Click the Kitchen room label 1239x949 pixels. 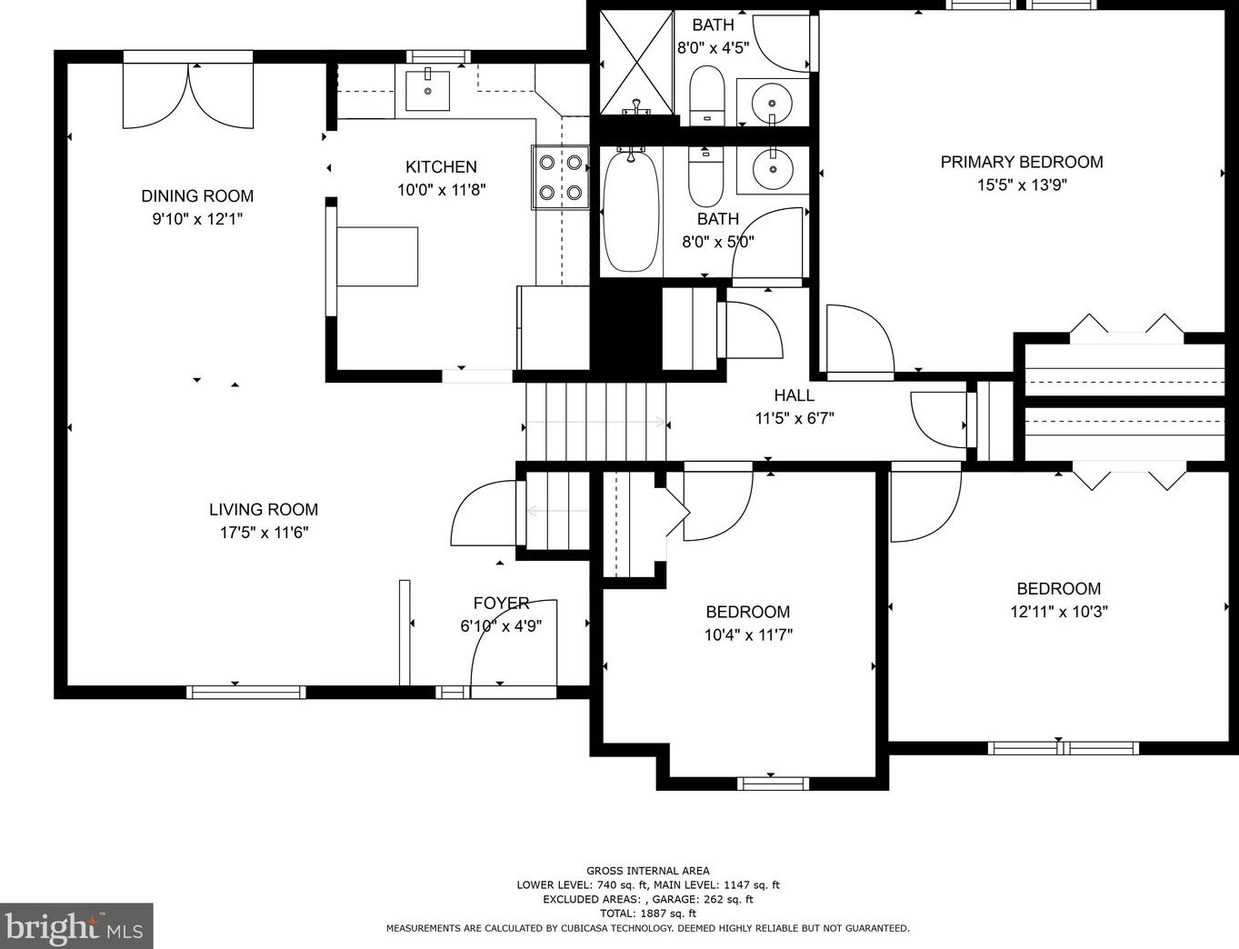[441, 167]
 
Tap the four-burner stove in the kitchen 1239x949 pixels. [560, 177]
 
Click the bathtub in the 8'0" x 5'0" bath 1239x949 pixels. [630, 212]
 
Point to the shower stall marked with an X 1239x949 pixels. [636, 62]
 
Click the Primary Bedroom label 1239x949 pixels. [1021, 162]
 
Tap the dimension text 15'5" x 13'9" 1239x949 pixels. [1021, 185]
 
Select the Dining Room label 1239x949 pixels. [197, 195]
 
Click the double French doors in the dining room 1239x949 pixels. [188, 94]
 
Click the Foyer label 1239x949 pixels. [501, 603]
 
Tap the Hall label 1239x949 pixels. [794, 395]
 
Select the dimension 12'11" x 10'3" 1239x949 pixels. [1058, 612]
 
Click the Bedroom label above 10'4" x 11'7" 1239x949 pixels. [747, 612]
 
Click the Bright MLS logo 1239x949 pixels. [75, 926]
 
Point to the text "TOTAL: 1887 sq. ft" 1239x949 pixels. [647, 914]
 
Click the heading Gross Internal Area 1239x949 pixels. [647, 871]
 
